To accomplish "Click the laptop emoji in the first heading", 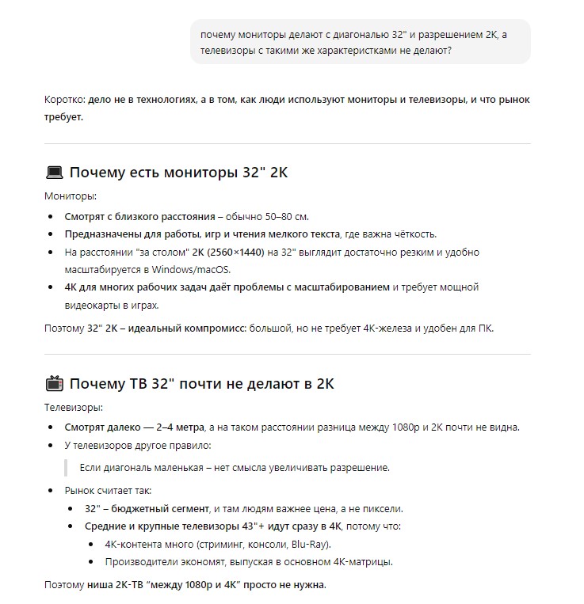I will (x=55, y=172).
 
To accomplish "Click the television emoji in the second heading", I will (x=55, y=385).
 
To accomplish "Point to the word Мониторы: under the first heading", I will (x=71, y=196).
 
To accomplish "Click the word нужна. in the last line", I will (x=307, y=585).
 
